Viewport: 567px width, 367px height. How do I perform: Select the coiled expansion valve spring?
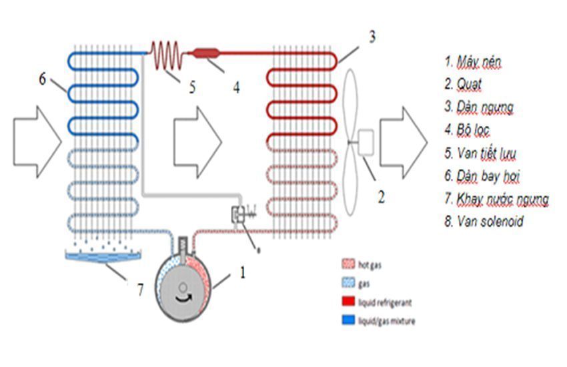tap(165, 54)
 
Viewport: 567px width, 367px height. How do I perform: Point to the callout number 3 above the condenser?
tap(372, 36)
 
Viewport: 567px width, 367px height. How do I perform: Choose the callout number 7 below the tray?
tap(140, 290)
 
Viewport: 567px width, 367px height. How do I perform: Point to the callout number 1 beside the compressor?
tap(243, 272)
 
